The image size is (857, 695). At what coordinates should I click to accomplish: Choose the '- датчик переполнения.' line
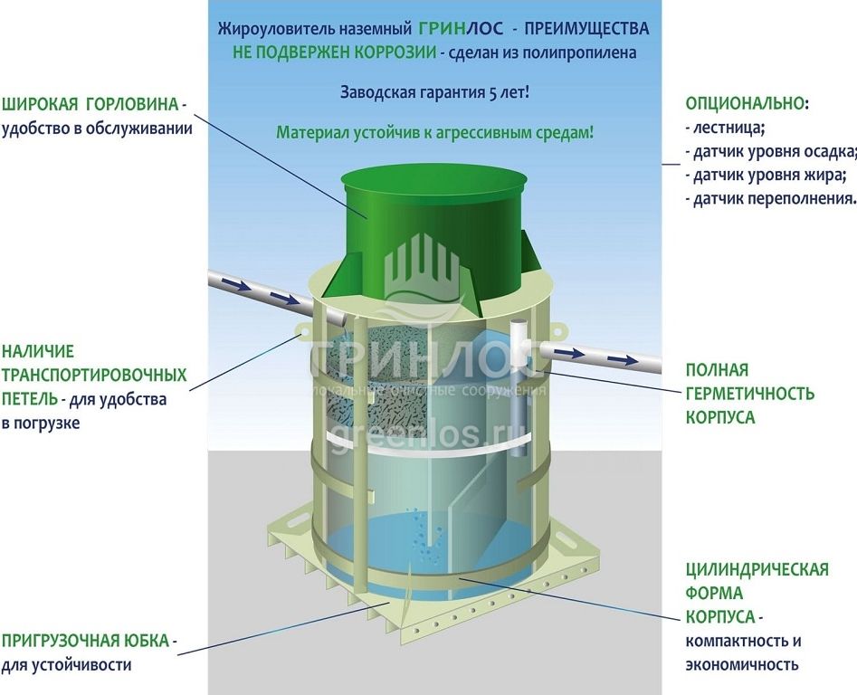(771, 198)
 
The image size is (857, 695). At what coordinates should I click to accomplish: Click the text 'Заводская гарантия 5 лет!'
(434, 92)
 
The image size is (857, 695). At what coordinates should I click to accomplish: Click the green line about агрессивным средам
(435, 132)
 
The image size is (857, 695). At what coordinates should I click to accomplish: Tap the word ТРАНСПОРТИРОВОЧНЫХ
(94, 375)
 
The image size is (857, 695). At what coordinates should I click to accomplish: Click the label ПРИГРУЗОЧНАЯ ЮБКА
(86, 642)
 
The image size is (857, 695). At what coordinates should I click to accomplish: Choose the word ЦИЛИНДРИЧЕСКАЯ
(757, 569)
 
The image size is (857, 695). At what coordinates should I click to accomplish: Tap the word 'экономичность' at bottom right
(742, 664)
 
